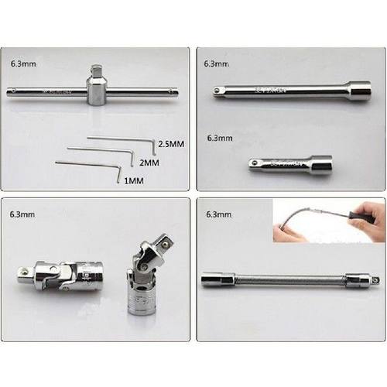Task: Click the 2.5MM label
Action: pos(170,145)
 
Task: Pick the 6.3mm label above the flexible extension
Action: pos(219,213)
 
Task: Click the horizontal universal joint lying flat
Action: pos(57,273)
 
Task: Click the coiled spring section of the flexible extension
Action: pos(286,279)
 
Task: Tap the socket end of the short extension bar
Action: pos(320,164)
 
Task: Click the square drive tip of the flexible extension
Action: pos(376,279)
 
